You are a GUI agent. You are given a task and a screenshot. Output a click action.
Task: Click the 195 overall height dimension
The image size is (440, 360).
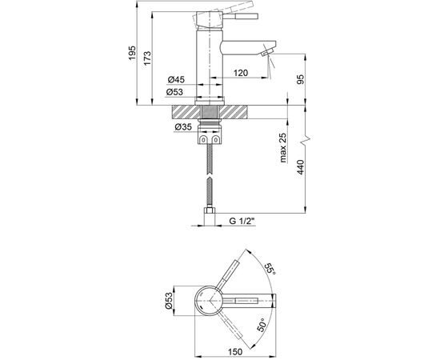(132, 53)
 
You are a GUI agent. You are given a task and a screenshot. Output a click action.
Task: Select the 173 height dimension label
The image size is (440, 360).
(147, 58)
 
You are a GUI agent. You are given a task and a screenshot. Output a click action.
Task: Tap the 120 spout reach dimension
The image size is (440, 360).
(241, 73)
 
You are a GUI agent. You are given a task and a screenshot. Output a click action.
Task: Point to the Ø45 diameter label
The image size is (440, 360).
(176, 80)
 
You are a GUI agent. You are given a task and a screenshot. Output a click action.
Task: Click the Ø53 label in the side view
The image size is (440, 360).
(174, 92)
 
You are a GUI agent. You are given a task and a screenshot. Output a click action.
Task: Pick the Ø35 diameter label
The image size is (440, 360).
(183, 127)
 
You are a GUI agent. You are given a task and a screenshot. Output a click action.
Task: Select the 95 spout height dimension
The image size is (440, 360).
(301, 79)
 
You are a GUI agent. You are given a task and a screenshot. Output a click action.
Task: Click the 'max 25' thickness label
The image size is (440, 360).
(283, 147)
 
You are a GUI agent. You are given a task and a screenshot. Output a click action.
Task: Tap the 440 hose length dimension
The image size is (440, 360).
(301, 167)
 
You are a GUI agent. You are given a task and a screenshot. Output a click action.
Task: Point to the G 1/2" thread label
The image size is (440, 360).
(242, 221)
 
